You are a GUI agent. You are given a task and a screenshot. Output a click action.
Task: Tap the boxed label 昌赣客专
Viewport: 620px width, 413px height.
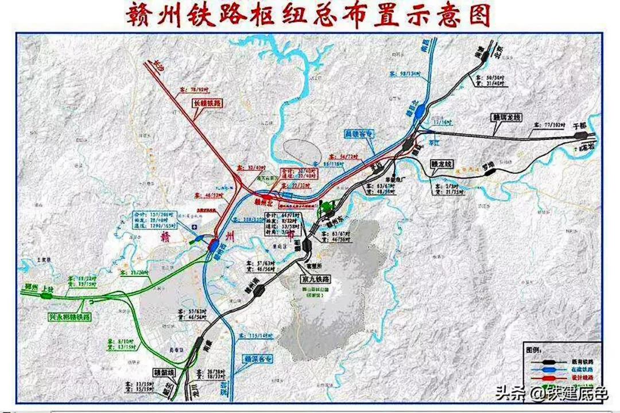[359, 134]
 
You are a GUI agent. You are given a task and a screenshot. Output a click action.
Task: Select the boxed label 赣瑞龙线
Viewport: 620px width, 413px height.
[505, 117]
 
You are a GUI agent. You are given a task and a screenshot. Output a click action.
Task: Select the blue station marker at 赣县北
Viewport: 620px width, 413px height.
[421, 109]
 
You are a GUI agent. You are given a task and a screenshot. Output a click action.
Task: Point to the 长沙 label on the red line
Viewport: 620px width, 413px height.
[156, 65]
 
